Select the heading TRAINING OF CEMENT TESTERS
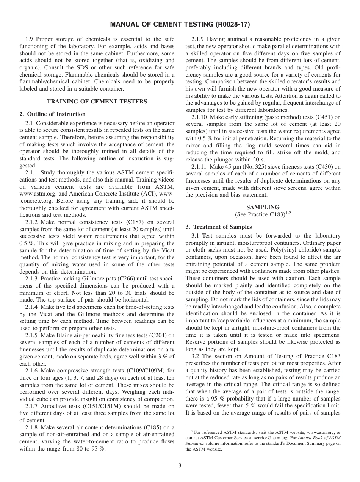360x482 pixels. [97, 102]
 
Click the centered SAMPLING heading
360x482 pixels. [263, 207]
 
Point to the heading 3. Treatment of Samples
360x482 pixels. [218, 227]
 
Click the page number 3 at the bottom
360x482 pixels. [180, 466]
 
